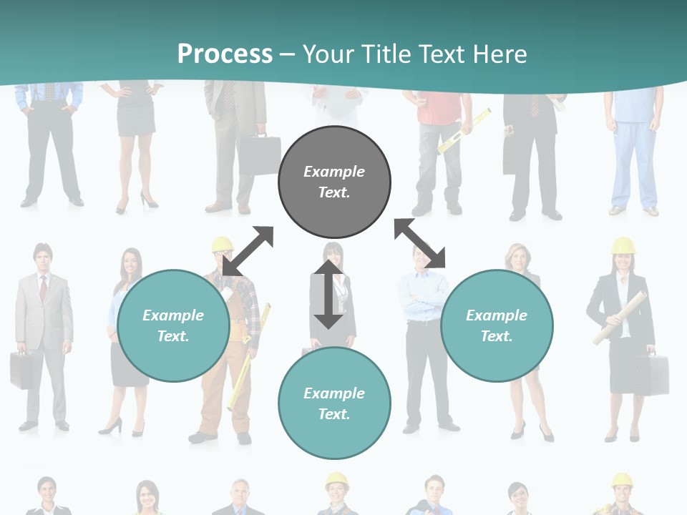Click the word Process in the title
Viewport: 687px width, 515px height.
[x=225, y=54]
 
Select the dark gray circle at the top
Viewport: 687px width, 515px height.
[x=334, y=182]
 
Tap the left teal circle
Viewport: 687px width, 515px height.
[x=173, y=325]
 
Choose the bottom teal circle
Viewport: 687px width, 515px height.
[x=334, y=403]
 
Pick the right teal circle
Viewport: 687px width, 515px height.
[x=497, y=325]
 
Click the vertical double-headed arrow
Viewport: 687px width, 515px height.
[x=328, y=294]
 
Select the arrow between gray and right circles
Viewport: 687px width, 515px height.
[x=420, y=243]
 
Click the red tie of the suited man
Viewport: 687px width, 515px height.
[x=44, y=288]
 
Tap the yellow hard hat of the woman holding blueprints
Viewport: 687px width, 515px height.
[x=623, y=246]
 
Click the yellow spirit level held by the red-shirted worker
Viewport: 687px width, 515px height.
[x=464, y=132]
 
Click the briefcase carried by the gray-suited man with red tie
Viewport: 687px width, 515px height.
[x=21, y=369]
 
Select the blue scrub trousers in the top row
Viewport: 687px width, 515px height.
[x=634, y=161]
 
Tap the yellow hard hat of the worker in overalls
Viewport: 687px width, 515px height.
[x=223, y=245]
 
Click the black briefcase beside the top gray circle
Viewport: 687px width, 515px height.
[x=258, y=154]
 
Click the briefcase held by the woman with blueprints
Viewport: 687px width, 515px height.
[x=653, y=373]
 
